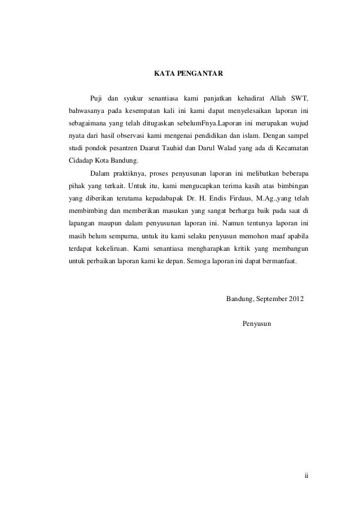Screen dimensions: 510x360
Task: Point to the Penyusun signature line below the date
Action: click(257, 324)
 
